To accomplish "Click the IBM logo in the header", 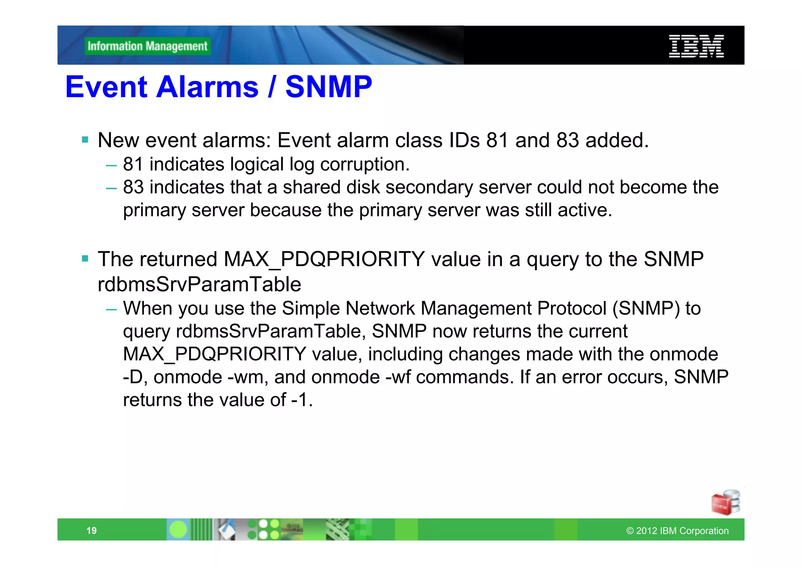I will coord(696,46).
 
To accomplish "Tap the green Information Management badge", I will coord(147,46).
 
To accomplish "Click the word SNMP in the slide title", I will coord(328,87).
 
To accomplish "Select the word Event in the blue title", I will coord(106,87).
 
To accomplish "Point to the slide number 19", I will coord(91,531).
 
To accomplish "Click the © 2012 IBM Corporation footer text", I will coord(677,531).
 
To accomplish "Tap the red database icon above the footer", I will coord(725,503).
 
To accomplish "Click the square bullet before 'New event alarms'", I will coord(85,140).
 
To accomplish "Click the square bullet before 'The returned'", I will coord(85,259).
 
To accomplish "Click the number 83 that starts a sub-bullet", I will coord(133,187).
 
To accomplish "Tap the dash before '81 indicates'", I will coord(111,165).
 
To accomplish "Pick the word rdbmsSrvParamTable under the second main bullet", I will coord(199,284).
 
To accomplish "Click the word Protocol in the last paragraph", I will coord(572,308).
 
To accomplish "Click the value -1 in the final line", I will coord(301,400).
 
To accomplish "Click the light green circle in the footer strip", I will coord(178,529).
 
